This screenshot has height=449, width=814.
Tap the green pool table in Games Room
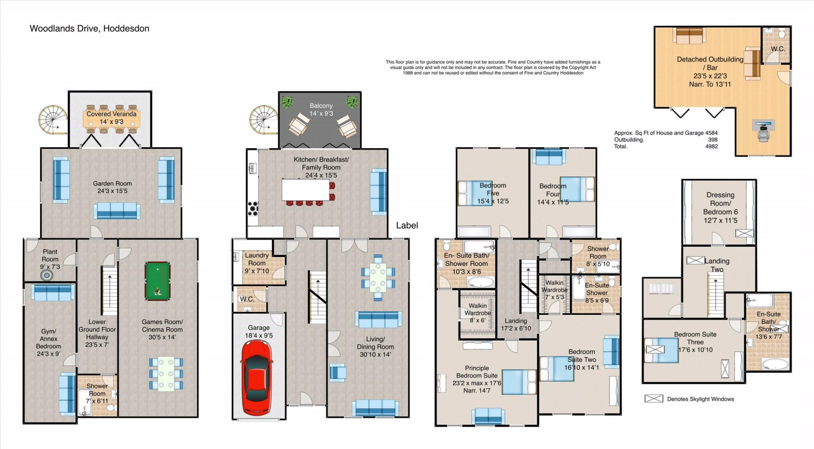[x=158, y=281]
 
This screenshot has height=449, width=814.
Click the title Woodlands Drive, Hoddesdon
[x=89, y=29]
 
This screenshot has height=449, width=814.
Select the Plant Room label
[x=50, y=259]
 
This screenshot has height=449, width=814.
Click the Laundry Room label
[x=256, y=263]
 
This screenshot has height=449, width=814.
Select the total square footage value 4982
[x=711, y=146]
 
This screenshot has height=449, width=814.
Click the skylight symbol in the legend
[x=654, y=398]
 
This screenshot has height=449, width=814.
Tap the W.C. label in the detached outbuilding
[x=777, y=49]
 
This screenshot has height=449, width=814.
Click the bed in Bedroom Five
[x=475, y=193]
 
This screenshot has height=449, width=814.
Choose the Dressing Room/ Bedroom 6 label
[x=720, y=207]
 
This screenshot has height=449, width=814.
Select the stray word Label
[x=407, y=226]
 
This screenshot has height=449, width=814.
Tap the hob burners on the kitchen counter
[x=253, y=208]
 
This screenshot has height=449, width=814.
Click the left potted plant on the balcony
[x=287, y=102]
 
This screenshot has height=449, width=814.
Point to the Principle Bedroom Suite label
[x=477, y=379]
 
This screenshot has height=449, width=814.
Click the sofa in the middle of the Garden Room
[x=117, y=210]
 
